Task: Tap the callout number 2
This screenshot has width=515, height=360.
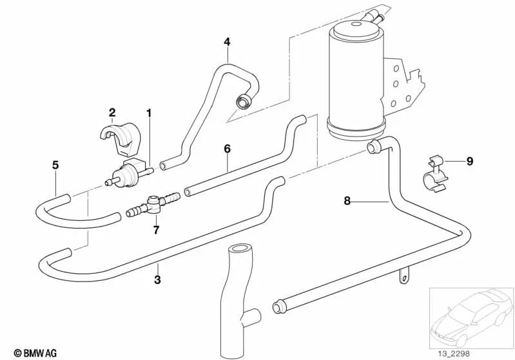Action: [112, 113]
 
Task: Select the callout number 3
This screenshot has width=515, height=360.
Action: [157, 279]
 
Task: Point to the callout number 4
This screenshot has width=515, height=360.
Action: [227, 42]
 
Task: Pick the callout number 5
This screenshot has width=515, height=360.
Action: [55, 165]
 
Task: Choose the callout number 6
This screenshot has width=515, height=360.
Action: [227, 149]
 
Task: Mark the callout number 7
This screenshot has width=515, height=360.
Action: [155, 229]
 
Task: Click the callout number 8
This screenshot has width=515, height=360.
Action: [347, 201]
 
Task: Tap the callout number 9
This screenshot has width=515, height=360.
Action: [469, 161]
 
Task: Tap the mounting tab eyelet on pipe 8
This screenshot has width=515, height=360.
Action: [403, 278]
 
